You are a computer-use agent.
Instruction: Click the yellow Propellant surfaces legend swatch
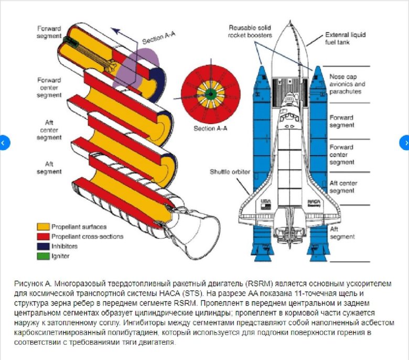pyautogui.click(x=43, y=227)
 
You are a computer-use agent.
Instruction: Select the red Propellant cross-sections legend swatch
pyautogui.click(x=43, y=237)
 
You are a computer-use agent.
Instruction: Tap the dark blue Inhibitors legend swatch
pyautogui.click(x=43, y=247)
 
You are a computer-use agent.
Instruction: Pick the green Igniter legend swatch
pyautogui.click(x=43, y=257)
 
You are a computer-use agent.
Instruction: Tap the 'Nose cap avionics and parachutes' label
pyautogui.click(x=347, y=84)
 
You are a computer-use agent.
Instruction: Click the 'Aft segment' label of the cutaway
pyautogui.click(x=49, y=168)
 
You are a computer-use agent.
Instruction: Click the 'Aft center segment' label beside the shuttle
pyautogui.click(x=343, y=187)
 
